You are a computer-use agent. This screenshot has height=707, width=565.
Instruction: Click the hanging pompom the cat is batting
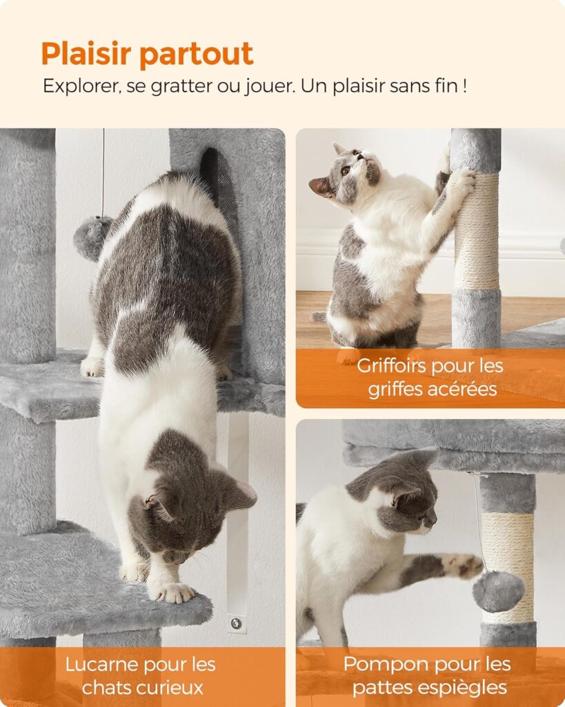[x=497, y=591]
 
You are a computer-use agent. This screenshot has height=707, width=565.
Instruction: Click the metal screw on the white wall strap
[x=236, y=623]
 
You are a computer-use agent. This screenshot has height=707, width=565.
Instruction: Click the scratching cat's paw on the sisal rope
[x=461, y=182]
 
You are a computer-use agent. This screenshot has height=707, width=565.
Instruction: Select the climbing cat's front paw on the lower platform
[x=172, y=592]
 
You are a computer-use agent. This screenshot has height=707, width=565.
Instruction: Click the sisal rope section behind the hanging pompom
[x=508, y=545]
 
